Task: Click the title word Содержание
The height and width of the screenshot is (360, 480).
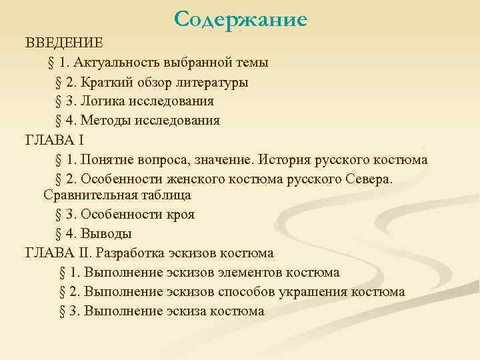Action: coord(240,20)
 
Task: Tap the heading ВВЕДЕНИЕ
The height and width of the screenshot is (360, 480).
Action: coord(65,43)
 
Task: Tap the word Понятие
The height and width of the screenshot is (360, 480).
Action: coord(109,160)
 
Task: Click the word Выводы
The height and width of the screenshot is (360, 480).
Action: coord(108,234)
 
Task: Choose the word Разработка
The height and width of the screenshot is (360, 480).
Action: coord(132,253)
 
